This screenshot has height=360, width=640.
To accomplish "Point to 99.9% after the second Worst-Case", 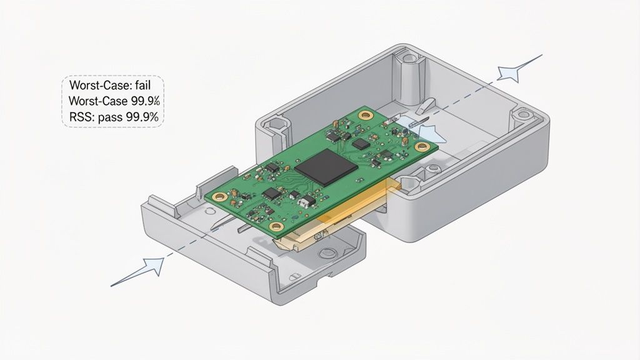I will (x=149, y=100).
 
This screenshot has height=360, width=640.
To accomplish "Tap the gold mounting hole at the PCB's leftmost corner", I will (x=219, y=197).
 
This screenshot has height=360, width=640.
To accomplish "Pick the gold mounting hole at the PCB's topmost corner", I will (x=365, y=114).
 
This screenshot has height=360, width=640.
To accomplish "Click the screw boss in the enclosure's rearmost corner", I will (x=409, y=59).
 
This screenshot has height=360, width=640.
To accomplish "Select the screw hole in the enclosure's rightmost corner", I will (x=523, y=114).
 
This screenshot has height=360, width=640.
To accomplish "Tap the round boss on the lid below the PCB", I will (x=326, y=254).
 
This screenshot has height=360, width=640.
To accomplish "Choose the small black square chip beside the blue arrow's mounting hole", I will (x=361, y=143).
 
